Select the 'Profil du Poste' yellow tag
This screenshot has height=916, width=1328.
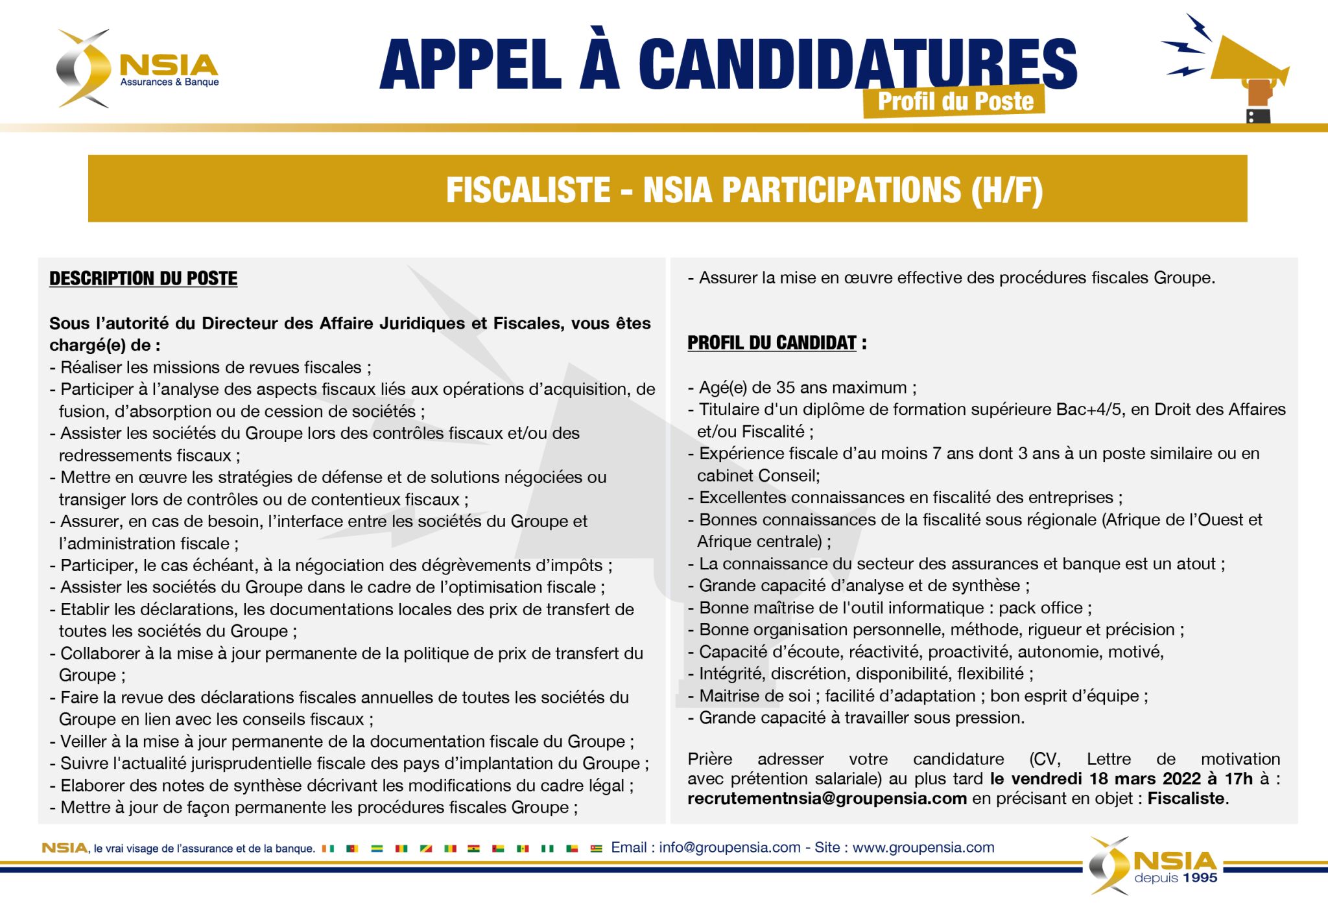point(954,101)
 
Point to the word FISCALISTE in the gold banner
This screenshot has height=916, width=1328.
point(528,190)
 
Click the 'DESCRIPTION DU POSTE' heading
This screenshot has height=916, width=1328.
point(143,278)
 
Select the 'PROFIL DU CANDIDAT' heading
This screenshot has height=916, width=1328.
point(772,343)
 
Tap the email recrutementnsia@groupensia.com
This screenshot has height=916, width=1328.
point(827,798)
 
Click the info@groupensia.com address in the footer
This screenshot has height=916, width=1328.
point(729,847)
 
